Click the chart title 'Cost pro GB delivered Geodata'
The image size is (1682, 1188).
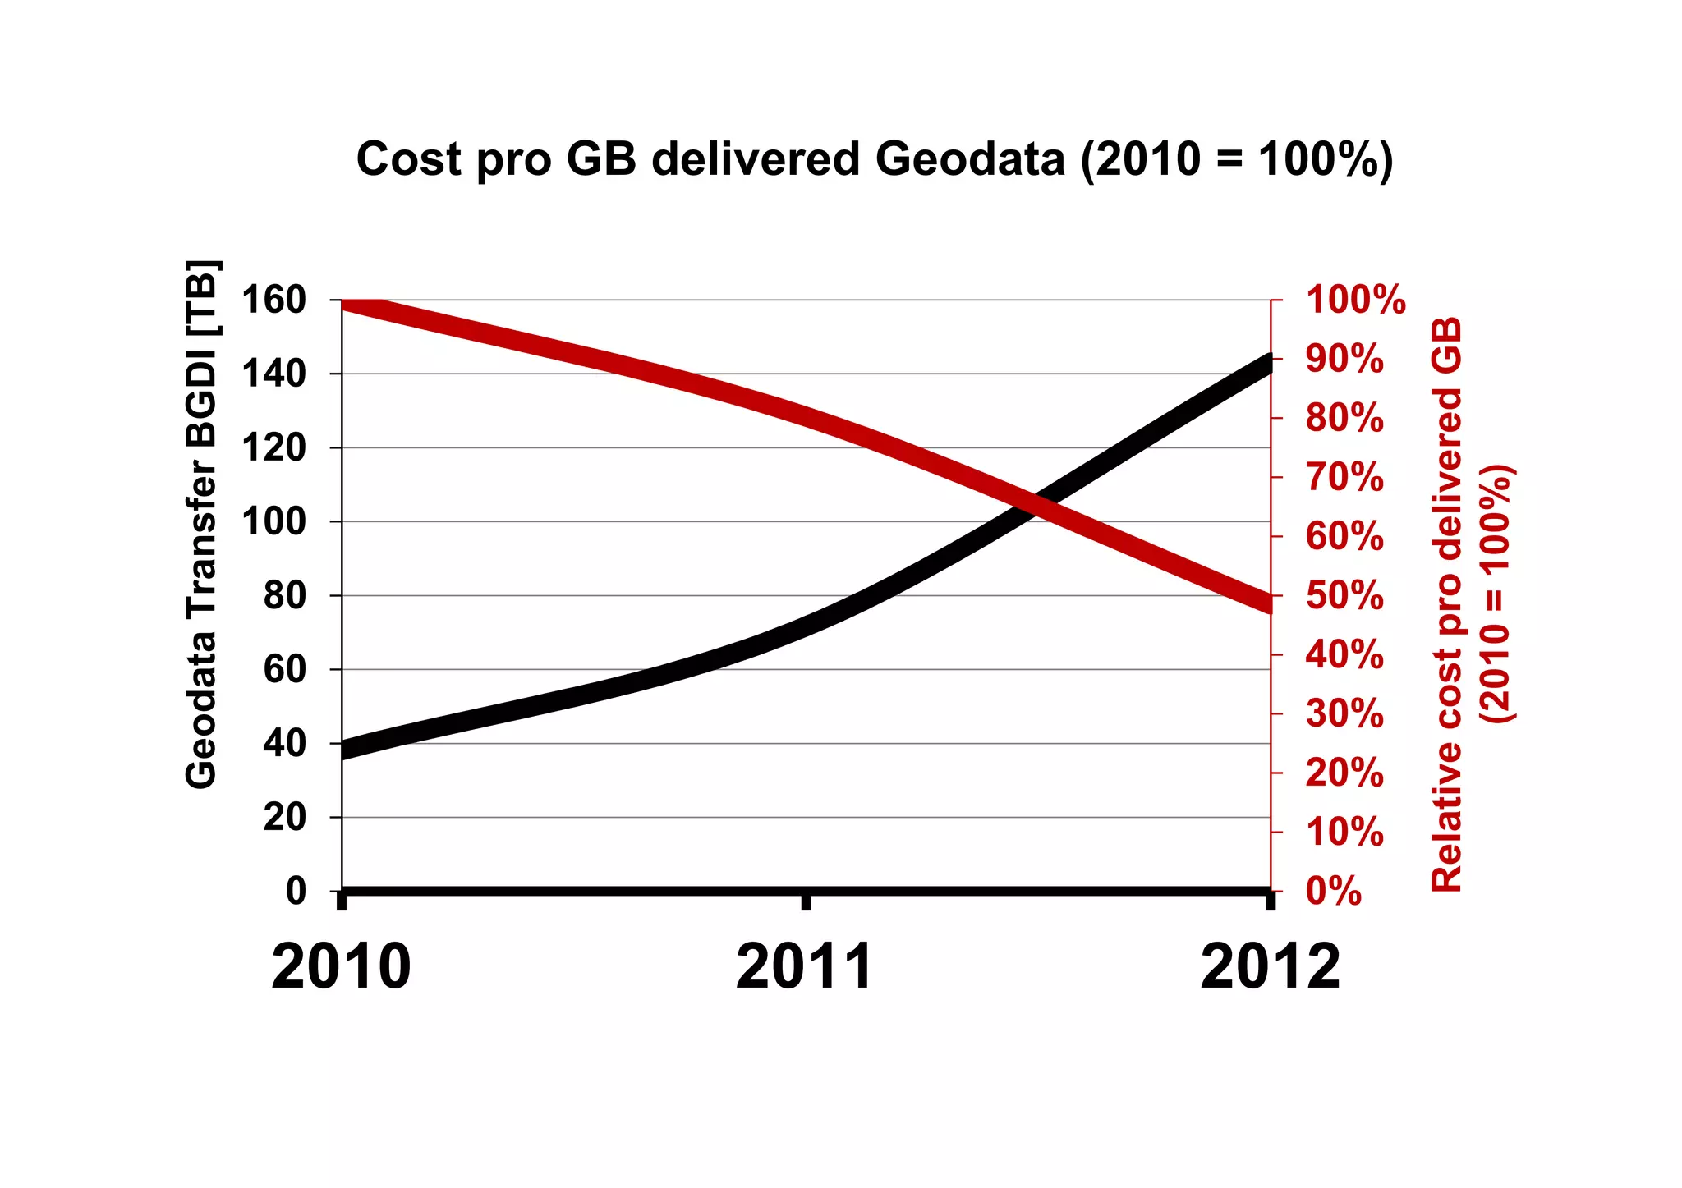[x=874, y=158]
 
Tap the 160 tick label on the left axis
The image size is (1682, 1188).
[x=273, y=300]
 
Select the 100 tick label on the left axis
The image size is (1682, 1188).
[x=273, y=522]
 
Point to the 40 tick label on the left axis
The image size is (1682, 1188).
[x=284, y=744]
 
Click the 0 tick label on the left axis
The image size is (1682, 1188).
[x=296, y=891]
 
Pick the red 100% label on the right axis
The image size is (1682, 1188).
[x=1355, y=300]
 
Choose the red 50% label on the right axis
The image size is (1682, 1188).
[x=1344, y=596]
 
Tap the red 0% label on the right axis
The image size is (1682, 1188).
[x=1334, y=892]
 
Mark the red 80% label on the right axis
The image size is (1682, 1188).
[x=1344, y=419]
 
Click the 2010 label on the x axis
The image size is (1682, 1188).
[x=341, y=967]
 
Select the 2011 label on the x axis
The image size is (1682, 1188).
[x=806, y=967]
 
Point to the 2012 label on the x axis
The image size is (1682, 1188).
[x=1270, y=967]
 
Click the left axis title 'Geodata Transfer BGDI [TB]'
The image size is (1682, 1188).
[x=202, y=525]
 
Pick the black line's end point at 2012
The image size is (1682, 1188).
[x=1268, y=363]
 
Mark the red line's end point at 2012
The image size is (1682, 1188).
[x=1268, y=603]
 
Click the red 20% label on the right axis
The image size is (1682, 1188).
[x=1344, y=773]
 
